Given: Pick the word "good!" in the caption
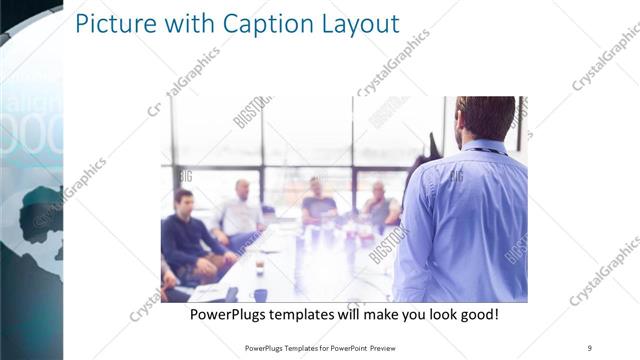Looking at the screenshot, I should click(476, 315).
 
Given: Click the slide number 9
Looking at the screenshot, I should click(589, 348).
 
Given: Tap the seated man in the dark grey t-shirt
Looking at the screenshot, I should click(318, 204).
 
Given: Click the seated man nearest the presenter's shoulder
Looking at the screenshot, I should click(380, 206).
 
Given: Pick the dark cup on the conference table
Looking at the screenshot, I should click(259, 269).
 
